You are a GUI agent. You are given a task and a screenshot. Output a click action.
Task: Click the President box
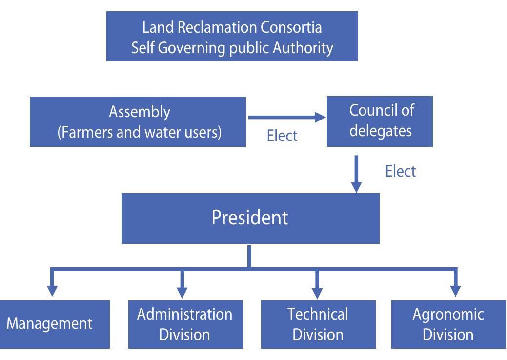tap(250, 218)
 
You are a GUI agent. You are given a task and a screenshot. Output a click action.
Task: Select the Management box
tap(55, 324)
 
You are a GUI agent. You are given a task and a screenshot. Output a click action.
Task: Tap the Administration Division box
tap(185, 324)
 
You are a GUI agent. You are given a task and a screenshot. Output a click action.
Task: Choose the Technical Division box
tap(318, 324)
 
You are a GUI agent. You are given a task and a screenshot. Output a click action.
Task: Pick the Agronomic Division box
tap(448, 324)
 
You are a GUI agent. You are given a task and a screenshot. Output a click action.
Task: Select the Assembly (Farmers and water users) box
tap(138, 121)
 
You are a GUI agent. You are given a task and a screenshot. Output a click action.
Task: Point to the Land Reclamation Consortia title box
tap(232, 37)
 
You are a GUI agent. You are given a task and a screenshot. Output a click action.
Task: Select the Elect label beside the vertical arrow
tap(400, 171)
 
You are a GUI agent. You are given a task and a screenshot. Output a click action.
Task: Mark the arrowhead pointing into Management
tap(52, 291)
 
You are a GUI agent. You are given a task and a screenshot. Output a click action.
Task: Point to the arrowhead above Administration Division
tap(182, 291)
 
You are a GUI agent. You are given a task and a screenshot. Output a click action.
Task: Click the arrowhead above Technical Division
tap(318, 291)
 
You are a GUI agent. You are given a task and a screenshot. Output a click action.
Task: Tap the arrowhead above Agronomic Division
tap(456, 291)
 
